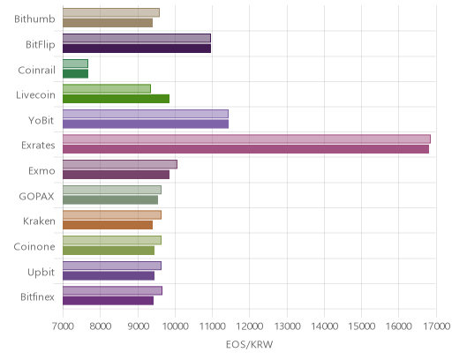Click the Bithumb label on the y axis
(34, 19)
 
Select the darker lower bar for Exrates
(245, 149)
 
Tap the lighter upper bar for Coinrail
(75, 64)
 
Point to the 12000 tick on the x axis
(250, 326)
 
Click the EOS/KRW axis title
(250, 344)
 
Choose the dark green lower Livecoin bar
(116, 99)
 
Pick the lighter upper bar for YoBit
(146, 114)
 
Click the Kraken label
(39, 221)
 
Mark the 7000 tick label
(63, 326)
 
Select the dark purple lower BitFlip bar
(137, 49)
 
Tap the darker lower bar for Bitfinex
(108, 301)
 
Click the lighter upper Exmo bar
(120, 164)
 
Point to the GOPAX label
(37, 196)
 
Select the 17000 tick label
(437, 326)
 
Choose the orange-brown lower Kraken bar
(108, 225)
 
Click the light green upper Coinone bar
(112, 240)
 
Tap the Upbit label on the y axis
(41, 272)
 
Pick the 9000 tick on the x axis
(138, 326)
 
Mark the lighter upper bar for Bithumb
(111, 12)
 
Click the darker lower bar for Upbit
(109, 275)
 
